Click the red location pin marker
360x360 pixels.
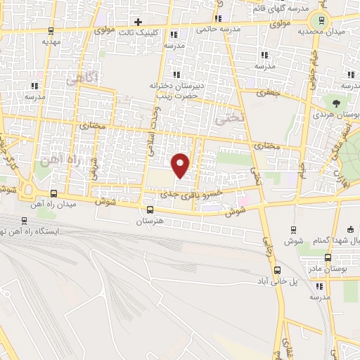click(181, 164)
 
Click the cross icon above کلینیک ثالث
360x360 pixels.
click(139, 22)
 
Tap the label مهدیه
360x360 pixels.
click(50, 41)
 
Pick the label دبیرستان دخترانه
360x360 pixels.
click(187, 85)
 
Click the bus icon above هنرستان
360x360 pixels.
click(149, 210)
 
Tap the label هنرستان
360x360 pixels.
click(149, 221)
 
